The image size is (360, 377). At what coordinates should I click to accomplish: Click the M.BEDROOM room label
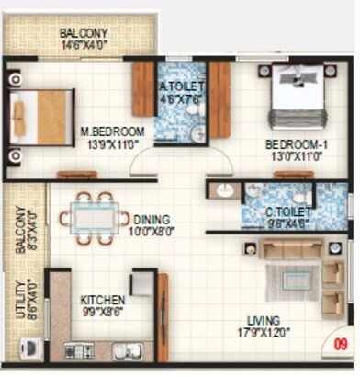pyautogui.click(x=108, y=131)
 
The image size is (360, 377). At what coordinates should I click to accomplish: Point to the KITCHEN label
pyautogui.click(x=103, y=301)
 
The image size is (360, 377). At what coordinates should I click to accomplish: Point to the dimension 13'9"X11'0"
pyautogui.click(x=108, y=144)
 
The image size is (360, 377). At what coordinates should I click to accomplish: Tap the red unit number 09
pyautogui.click(x=342, y=348)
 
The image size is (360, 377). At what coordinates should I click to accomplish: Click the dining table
pyautogui.click(x=95, y=218)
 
